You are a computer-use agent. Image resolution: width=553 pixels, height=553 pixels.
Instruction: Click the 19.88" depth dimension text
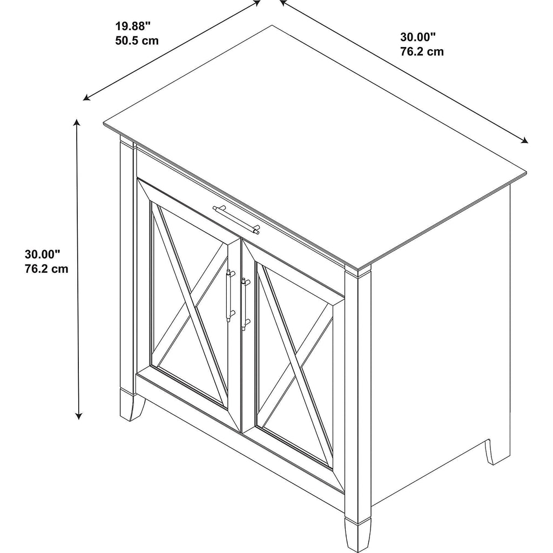tap(133, 26)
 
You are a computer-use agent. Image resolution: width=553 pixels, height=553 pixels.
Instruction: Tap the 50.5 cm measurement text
tap(137, 41)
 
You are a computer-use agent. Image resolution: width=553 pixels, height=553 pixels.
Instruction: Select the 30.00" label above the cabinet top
tap(418, 37)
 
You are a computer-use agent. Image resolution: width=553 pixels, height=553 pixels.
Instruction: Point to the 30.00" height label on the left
tap(42, 254)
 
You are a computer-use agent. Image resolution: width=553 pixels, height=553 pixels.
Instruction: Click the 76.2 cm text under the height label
tap(46, 269)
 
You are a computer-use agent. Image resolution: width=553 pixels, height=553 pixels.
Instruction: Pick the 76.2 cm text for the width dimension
tap(422, 51)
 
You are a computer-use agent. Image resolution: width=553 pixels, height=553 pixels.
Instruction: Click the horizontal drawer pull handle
tap(237, 219)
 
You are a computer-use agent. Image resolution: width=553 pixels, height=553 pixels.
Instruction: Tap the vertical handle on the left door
tap(230, 295)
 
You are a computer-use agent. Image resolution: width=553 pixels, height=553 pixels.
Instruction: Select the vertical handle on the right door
tap(245, 304)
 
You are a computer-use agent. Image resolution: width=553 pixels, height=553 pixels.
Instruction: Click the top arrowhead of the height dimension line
tap(76, 123)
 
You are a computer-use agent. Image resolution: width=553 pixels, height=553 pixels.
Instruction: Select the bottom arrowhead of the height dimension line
tap(79, 416)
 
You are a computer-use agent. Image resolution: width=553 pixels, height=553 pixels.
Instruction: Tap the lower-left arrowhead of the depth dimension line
tap(86, 98)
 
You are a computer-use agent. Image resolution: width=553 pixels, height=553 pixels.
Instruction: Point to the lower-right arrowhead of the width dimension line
tap(524, 141)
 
